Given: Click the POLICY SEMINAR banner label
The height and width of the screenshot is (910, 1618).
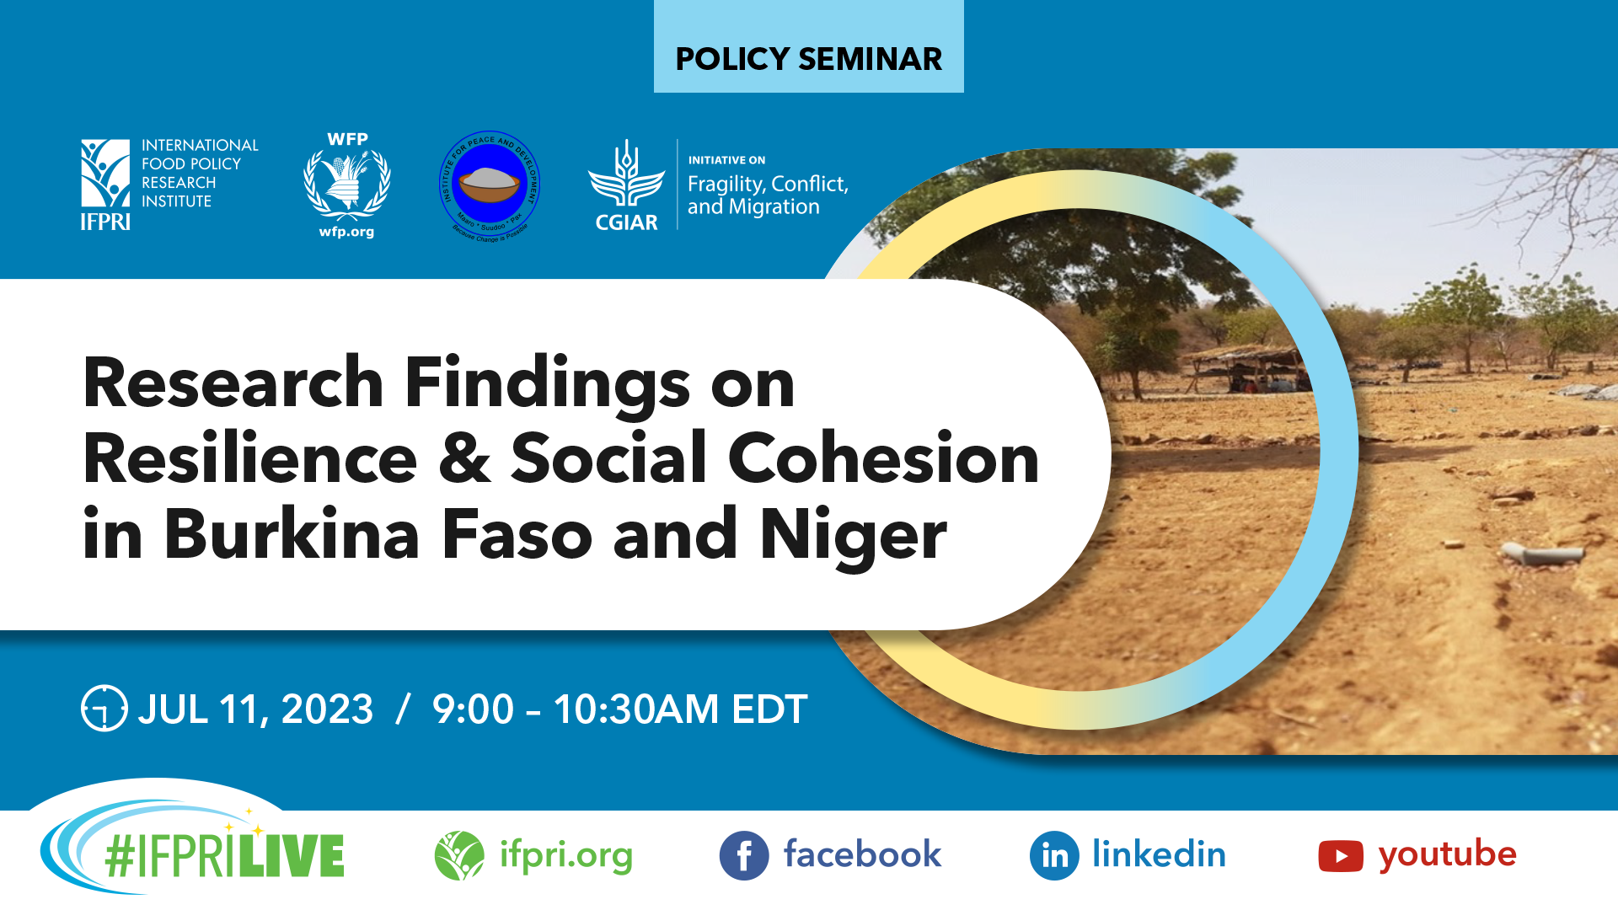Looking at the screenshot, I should (x=808, y=59).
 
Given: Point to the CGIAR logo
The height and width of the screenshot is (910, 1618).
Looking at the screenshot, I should (x=625, y=185).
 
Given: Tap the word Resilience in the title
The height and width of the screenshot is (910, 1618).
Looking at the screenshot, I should (x=250, y=459).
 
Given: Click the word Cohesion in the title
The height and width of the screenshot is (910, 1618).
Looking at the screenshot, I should (x=883, y=459).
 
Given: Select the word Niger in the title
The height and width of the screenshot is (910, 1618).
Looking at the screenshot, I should (x=853, y=536).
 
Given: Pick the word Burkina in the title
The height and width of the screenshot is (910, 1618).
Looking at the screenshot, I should (x=292, y=534).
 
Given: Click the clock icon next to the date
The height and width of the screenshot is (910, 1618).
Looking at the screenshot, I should (x=104, y=709).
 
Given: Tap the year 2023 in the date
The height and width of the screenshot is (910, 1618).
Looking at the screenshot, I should (x=327, y=709).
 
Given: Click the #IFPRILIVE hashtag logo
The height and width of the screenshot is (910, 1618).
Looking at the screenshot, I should (x=222, y=856).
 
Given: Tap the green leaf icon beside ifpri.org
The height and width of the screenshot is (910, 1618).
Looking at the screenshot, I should (x=459, y=855).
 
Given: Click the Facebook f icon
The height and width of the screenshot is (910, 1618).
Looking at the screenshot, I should (x=743, y=856).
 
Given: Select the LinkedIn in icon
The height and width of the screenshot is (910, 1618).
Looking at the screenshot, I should (x=1053, y=856).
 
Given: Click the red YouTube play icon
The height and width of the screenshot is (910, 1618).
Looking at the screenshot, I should (x=1340, y=856).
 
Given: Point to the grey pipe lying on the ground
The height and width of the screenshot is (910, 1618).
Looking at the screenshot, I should (x=1542, y=554).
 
